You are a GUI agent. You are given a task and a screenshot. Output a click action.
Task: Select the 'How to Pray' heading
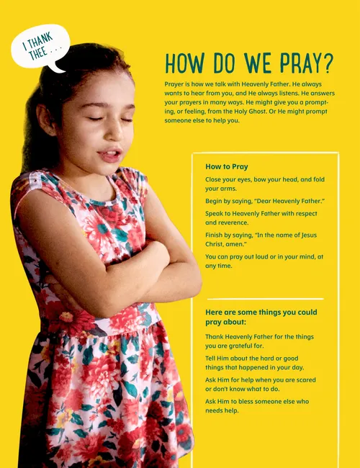[226, 167]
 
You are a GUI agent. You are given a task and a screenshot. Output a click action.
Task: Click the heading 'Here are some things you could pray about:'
[260, 318]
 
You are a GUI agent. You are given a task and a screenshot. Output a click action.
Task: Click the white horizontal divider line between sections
[265, 299]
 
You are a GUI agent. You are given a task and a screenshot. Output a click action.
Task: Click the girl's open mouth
[110, 154]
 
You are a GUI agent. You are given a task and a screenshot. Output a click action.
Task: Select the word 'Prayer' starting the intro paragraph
[175, 84]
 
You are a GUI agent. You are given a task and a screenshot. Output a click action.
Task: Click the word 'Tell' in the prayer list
[212, 358]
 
